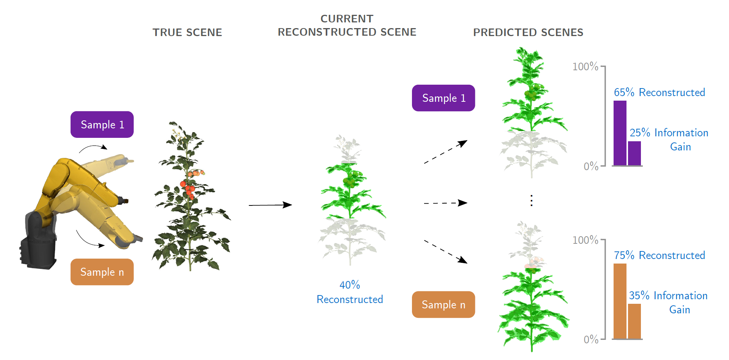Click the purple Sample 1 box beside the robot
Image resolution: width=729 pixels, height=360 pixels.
pos(102,125)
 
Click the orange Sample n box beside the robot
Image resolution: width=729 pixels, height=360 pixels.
pos(102,272)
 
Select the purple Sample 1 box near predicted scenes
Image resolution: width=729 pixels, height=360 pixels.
pos(443,98)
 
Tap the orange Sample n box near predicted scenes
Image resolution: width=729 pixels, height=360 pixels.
pos(443,305)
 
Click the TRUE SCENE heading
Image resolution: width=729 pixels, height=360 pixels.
pos(187,33)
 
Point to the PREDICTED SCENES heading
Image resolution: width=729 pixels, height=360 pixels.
pos(528,33)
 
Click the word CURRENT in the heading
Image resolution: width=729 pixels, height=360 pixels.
pos(347,19)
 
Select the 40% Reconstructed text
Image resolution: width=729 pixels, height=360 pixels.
pos(350,292)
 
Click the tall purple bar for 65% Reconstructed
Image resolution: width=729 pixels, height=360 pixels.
pos(620,133)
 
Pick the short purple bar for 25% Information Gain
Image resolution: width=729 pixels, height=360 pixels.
pos(634,153)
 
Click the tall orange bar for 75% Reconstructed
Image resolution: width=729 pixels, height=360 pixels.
pos(620,301)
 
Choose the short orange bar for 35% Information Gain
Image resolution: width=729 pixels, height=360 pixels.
pos(634,321)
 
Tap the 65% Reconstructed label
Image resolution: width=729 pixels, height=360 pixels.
pos(659,92)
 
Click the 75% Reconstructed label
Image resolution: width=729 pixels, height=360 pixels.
pos(659,255)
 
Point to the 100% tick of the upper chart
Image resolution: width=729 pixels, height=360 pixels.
pos(585,67)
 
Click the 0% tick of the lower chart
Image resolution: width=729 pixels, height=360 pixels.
pos(591,339)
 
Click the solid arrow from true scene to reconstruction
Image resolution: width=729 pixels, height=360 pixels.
pos(270,205)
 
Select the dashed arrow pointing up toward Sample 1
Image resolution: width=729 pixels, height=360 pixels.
pos(445,152)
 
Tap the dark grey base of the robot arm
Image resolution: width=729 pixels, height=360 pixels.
pos(38,247)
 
